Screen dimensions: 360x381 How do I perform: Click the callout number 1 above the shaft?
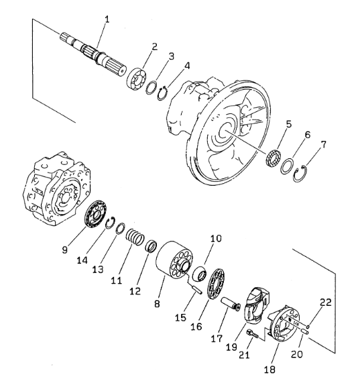(x=107, y=19)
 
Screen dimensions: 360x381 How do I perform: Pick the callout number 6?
(x=308, y=134)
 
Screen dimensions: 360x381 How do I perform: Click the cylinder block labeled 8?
(x=174, y=261)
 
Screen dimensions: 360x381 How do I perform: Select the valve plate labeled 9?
(x=95, y=214)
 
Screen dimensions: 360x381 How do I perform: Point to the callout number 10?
(x=216, y=238)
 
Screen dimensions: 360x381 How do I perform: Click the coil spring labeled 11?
(x=135, y=236)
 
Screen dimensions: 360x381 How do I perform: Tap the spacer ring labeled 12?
(x=151, y=246)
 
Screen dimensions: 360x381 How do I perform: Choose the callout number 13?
(x=98, y=269)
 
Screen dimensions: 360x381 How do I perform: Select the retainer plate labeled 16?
(x=216, y=284)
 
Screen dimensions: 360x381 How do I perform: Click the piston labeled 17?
(x=231, y=305)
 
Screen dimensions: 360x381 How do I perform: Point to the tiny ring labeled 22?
(x=308, y=326)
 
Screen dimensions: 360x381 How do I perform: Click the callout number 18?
(x=269, y=370)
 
